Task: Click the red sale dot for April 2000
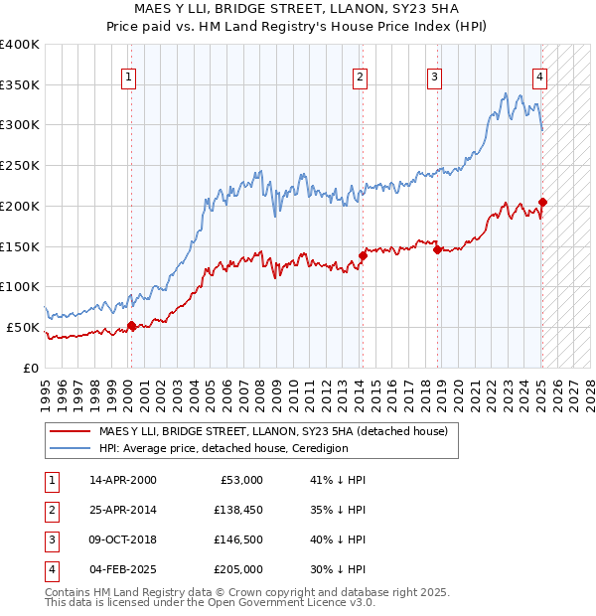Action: pos(131,326)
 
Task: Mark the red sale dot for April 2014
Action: pos(363,255)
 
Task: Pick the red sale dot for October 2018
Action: pos(437,249)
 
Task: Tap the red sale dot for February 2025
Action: pos(542,202)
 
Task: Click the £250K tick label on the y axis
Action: pos(20,165)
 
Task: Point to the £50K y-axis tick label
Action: pos(24,327)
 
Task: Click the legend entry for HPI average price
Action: pos(223,448)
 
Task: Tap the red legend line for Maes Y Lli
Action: pos(70,431)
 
